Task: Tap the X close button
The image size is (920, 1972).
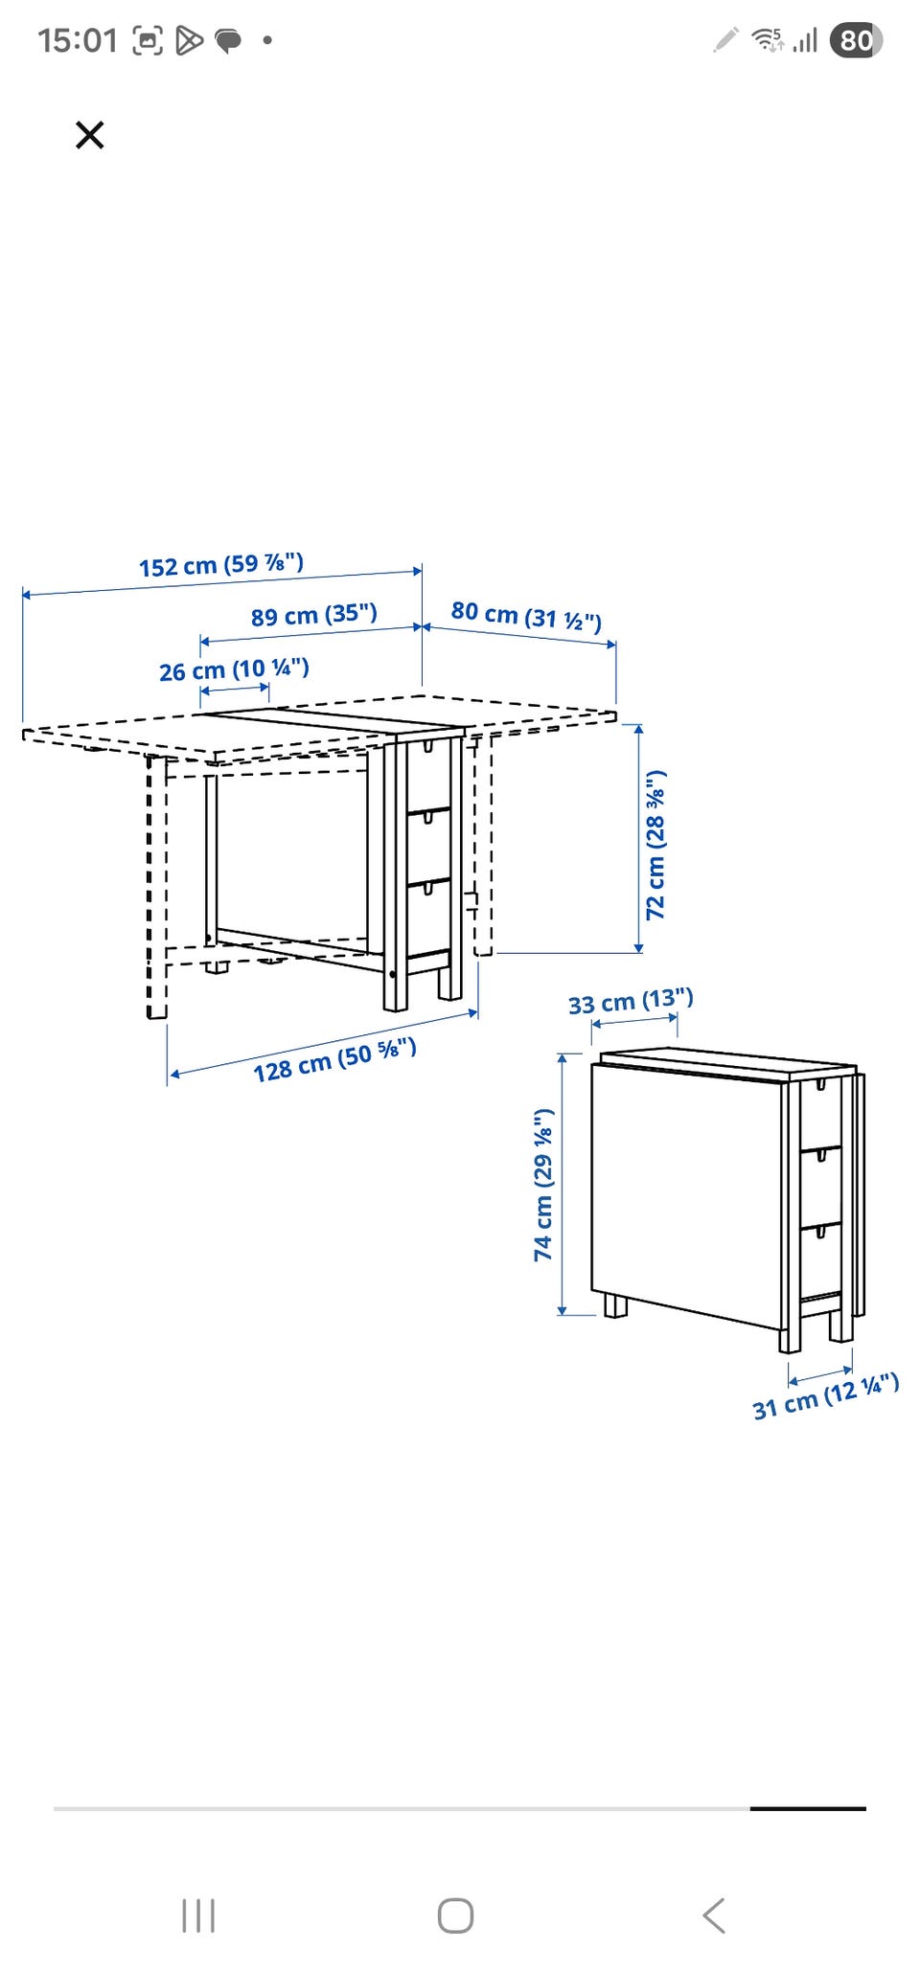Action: point(89,135)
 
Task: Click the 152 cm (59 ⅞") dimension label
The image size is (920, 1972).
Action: point(221,565)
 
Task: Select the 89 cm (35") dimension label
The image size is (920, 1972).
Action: point(314,615)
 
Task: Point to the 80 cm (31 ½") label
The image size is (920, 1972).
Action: point(526,616)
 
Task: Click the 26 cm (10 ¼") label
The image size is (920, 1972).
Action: point(234,669)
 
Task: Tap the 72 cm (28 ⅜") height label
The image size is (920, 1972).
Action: point(655,844)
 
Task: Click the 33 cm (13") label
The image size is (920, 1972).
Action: point(631,1002)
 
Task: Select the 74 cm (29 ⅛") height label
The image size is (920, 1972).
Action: point(543,1185)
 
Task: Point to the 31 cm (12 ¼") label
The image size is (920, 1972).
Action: point(826,1396)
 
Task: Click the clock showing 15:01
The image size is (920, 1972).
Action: point(78,40)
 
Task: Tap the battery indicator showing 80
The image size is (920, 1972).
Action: point(856,40)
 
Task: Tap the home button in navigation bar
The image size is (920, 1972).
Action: point(455,1916)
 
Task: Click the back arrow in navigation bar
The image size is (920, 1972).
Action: point(714,1916)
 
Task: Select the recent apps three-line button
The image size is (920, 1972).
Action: point(198,1916)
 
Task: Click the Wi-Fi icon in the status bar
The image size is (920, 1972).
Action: point(767,39)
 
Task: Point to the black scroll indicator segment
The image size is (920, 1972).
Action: point(808,1808)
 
